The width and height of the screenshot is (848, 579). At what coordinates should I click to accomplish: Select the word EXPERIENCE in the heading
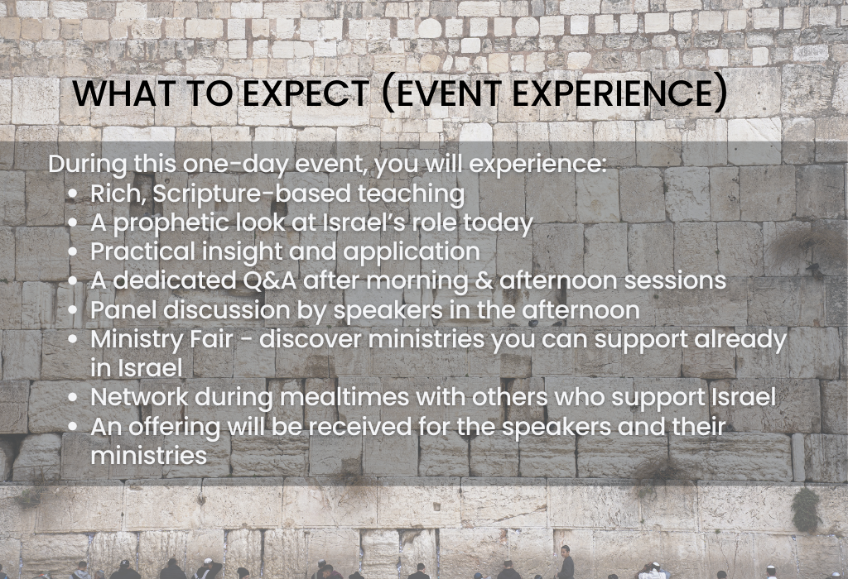pos(613,93)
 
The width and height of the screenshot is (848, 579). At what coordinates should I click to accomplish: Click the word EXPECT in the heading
pos(306,93)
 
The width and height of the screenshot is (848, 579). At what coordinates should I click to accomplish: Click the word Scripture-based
pos(252,194)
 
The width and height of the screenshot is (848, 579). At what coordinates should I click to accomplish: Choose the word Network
pos(139,398)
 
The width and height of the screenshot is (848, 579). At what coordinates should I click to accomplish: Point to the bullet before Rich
pos(73,195)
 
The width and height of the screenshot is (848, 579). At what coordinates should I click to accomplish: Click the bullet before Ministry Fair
pos(73,340)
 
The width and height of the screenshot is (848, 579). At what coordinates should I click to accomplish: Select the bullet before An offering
pos(73,428)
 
